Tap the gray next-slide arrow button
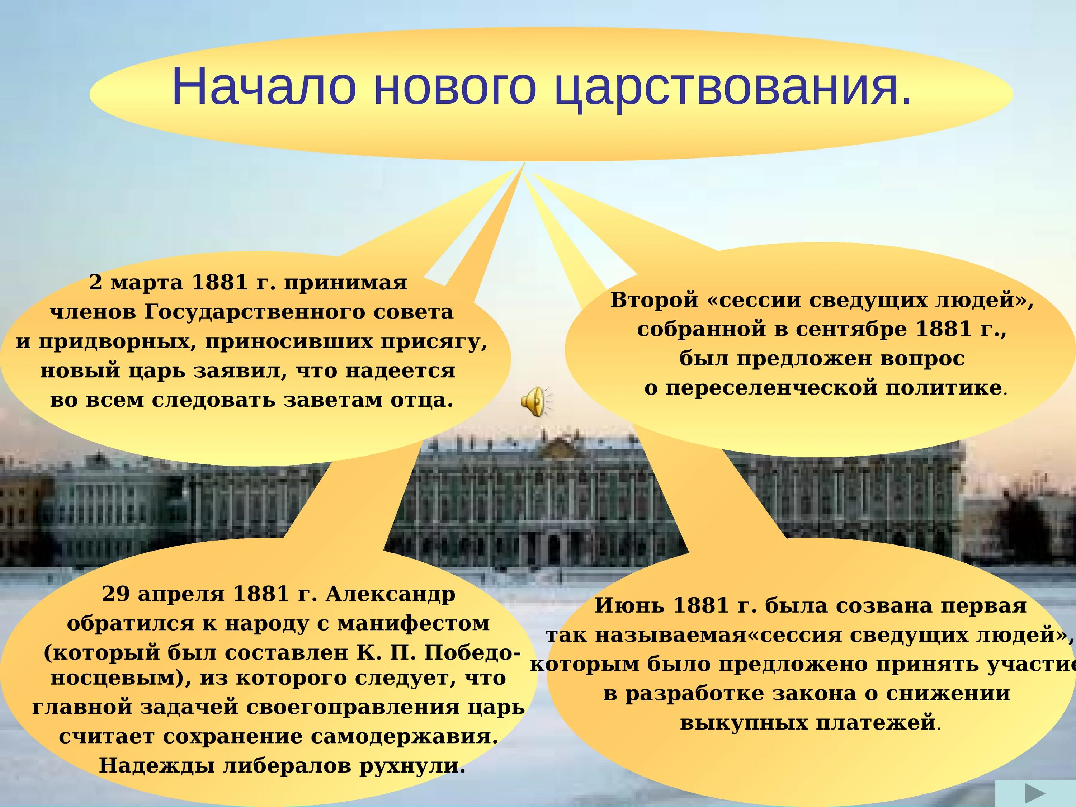coord(1035,793)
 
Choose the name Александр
coord(390,594)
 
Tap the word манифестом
coord(414,623)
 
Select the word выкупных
coord(744,722)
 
